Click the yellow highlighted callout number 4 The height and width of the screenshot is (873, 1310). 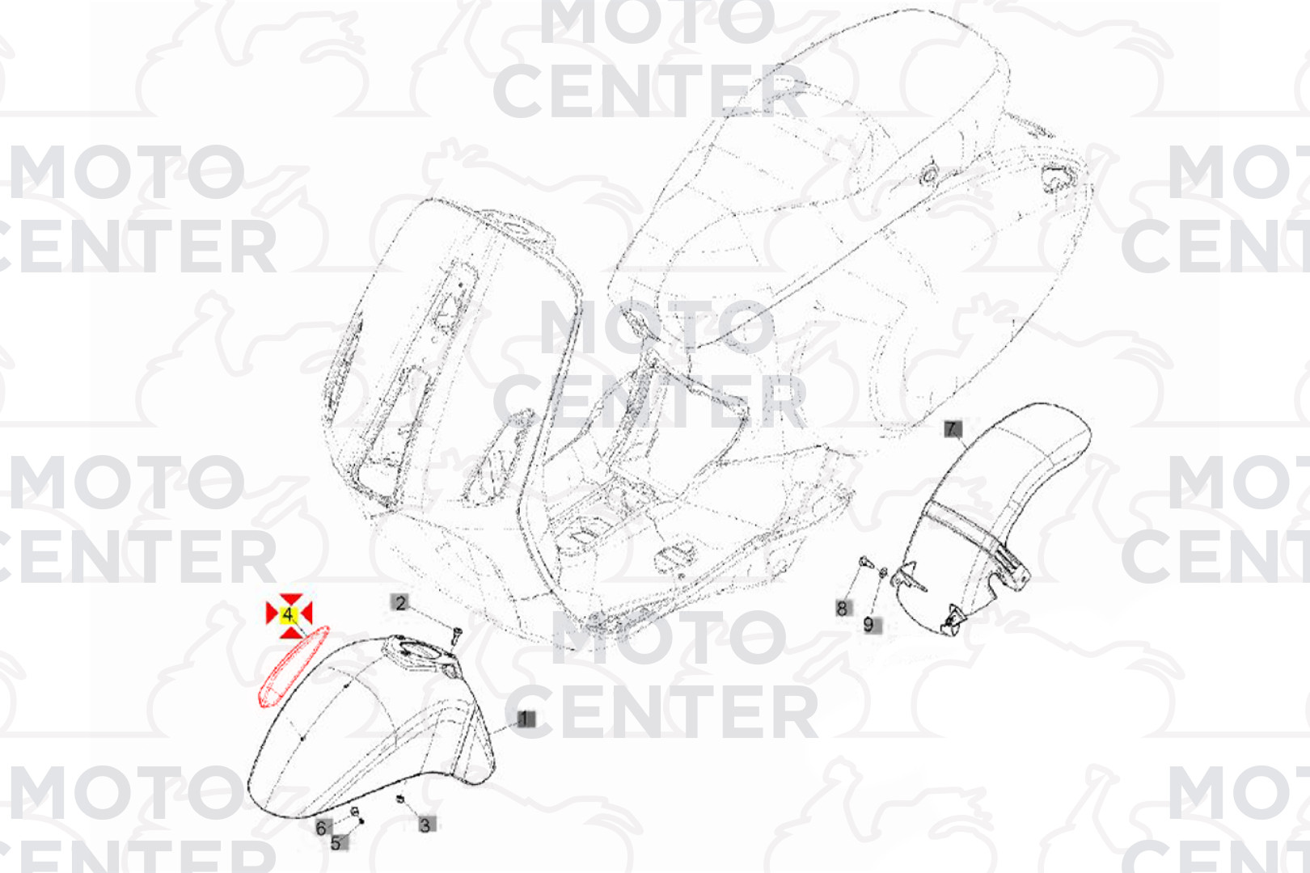coord(289,614)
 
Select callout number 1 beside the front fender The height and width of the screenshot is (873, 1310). coord(525,719)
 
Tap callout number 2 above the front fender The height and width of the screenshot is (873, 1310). coord(400,603)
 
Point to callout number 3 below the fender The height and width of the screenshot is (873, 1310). coord(425,825)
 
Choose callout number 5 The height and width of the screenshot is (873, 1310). coord(337,842)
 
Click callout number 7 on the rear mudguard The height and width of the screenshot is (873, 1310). coord(953,428)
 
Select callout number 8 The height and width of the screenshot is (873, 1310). coord(843,608)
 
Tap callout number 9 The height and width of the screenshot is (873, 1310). coord(870,625)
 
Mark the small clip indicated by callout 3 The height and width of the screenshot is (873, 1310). coord(400,799)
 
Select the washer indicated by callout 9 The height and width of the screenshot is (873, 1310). coord(883,571)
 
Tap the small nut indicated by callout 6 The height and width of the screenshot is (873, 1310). coord(354,812)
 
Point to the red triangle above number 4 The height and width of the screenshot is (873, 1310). coord(290,599)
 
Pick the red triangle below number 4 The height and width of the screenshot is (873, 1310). coord(290,631)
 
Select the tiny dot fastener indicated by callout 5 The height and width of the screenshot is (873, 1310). coord(361,821)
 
